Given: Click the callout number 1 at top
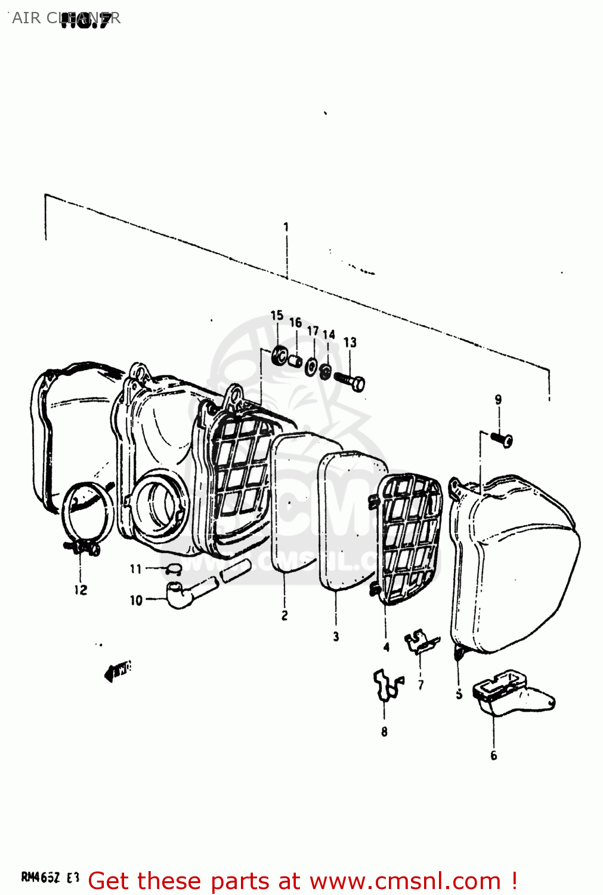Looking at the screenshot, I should pos(286,227).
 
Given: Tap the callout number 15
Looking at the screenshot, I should pos(277,316).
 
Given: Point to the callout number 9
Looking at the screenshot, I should pos(498,400).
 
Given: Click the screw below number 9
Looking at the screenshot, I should pos(502,440).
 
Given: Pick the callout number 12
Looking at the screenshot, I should pos(81,590).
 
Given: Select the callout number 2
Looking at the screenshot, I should pos(285,615).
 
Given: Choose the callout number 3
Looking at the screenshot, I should pos(336,637).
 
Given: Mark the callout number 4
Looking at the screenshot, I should pos(386,647).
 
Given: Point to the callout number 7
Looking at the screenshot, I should pos(421,685).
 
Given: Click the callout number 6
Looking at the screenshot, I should pos(493,755).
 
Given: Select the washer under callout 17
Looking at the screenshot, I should pos(311,366).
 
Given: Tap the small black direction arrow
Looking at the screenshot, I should pos(117,671).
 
